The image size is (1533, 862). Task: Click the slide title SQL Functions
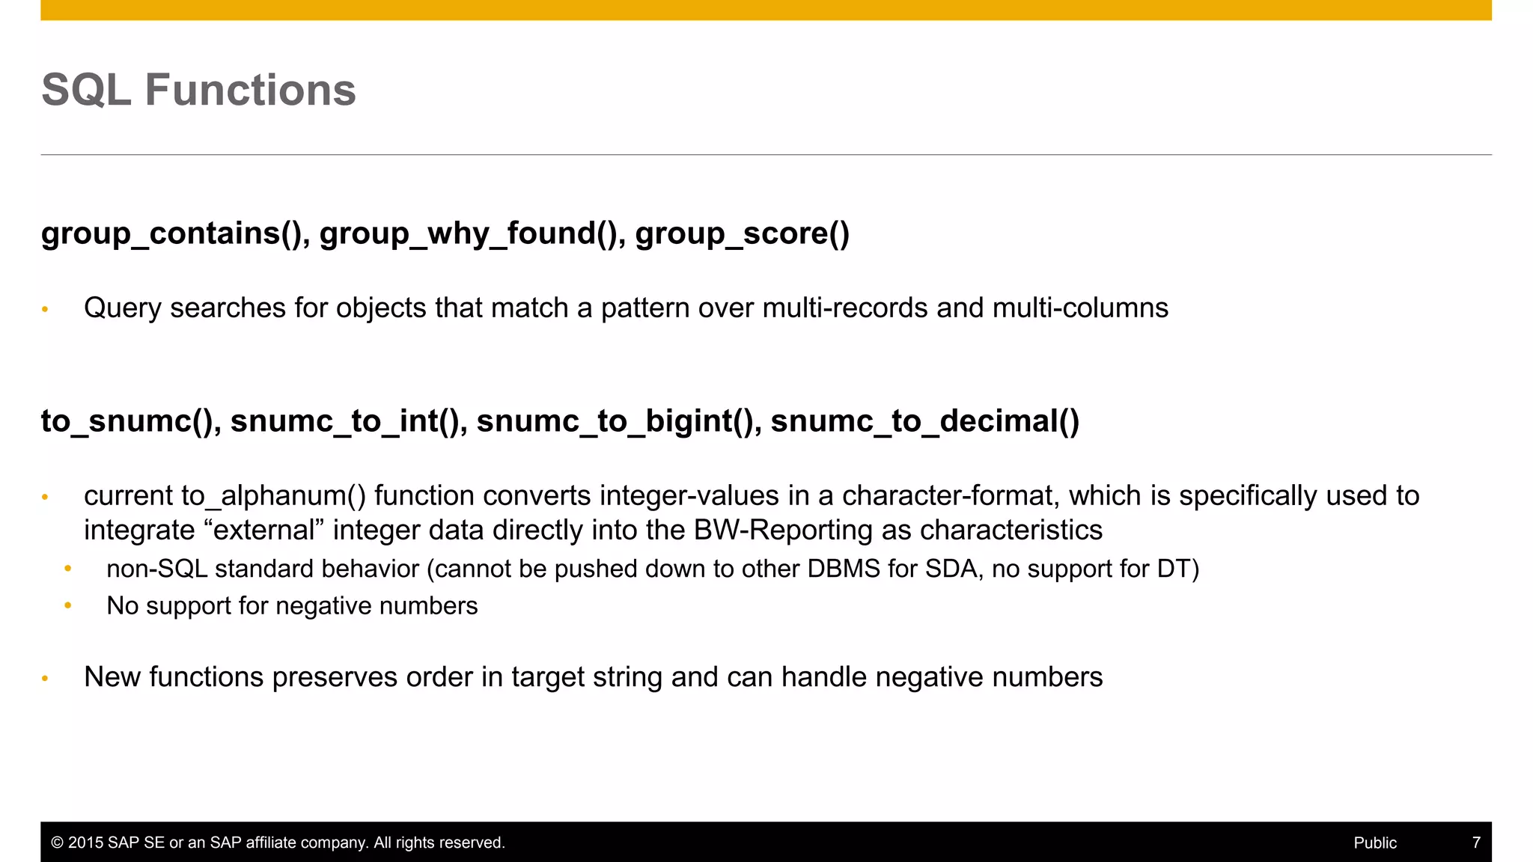pos(198,90)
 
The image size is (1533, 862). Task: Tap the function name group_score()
pos(742,233)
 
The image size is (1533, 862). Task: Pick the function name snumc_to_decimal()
pos(924,421)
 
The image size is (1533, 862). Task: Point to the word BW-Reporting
pos(783,531)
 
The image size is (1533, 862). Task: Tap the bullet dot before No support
pos(68,605)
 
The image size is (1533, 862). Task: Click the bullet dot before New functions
pos(45,678)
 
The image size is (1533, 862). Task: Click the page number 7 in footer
pos(1476,843)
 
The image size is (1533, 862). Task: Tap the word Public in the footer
pos(1375,843)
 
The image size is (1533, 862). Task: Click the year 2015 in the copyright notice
pos(85,843)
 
